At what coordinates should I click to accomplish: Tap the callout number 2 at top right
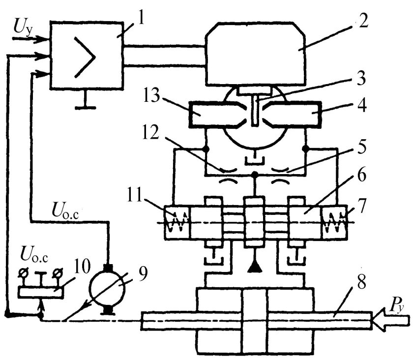363,19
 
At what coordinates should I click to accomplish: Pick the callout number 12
150,132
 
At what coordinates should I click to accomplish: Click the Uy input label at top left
23,27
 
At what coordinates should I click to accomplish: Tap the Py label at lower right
397,306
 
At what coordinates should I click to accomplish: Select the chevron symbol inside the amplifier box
84,57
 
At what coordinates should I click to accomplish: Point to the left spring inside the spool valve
177,222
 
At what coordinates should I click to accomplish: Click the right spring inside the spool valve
334,222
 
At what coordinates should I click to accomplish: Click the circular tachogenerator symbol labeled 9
107,289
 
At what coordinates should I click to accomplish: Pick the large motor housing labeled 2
255,54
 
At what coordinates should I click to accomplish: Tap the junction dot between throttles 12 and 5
255,174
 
